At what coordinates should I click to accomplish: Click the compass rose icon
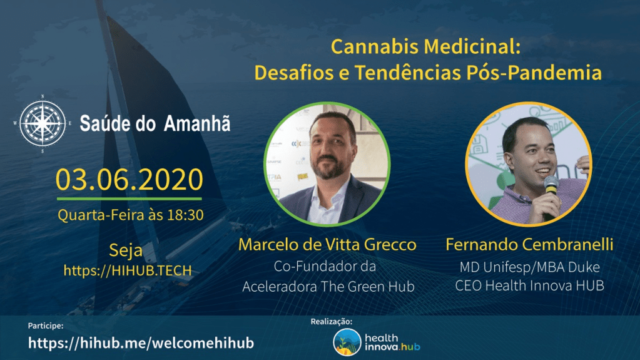pos(43,123)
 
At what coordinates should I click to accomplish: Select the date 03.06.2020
pos(130,180)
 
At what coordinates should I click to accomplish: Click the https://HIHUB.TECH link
pos(128,270)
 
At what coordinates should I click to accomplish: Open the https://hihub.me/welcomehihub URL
pos(141,343)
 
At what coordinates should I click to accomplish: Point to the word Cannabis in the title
pos(374,46)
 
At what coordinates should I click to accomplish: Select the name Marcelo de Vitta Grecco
pos(327,244)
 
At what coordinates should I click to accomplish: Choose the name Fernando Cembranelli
pos(529,244)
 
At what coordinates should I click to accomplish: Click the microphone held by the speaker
pos(550,191)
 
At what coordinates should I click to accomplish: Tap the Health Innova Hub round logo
pos(347,342)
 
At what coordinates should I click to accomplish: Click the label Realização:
pos(332,322)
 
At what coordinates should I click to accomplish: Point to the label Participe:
pos(46,326)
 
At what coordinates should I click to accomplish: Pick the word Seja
pos(126,250)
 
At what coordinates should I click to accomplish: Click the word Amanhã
pos(197,123)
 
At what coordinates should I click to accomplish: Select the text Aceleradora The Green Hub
pos(328,287)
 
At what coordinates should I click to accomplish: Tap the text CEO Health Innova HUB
pos(529,285)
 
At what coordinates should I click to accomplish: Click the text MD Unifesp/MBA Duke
pos(530,267)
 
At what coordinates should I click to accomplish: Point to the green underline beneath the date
pos(130,199)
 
